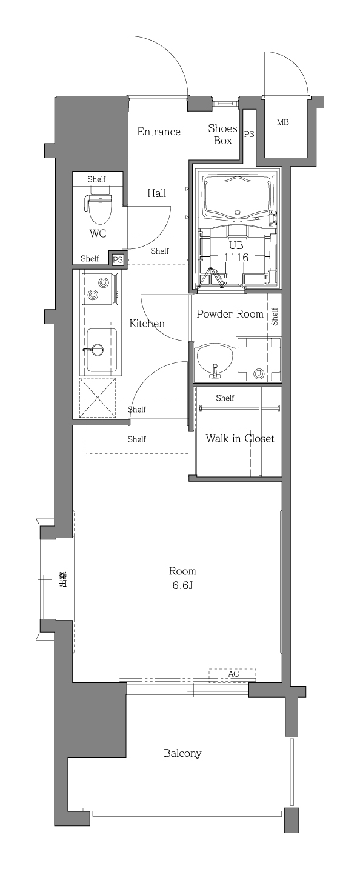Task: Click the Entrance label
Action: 158,132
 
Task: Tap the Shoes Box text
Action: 222,135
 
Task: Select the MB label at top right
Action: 282,122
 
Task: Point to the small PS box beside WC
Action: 118,259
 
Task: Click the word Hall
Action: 157,193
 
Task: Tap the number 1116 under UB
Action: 236,257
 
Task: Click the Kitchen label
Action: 147,324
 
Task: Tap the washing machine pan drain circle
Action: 259,374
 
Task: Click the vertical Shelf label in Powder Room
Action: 275,316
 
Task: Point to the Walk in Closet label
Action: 240,438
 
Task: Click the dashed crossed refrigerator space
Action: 97,398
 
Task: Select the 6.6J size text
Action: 182,585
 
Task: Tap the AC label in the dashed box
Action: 233,674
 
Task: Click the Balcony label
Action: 182,754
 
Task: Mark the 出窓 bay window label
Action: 62,580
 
